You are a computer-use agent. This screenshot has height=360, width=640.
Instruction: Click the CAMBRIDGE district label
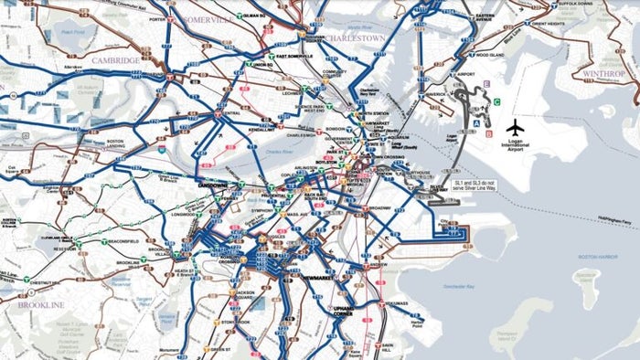click(x=116, y=59)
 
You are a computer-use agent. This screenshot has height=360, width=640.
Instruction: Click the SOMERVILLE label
click(x=208, y=19)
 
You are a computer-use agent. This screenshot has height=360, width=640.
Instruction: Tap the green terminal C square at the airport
click(x=496, y=101)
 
